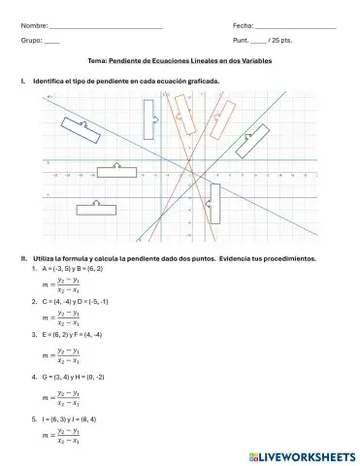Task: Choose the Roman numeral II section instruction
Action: [x=175, y=259]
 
